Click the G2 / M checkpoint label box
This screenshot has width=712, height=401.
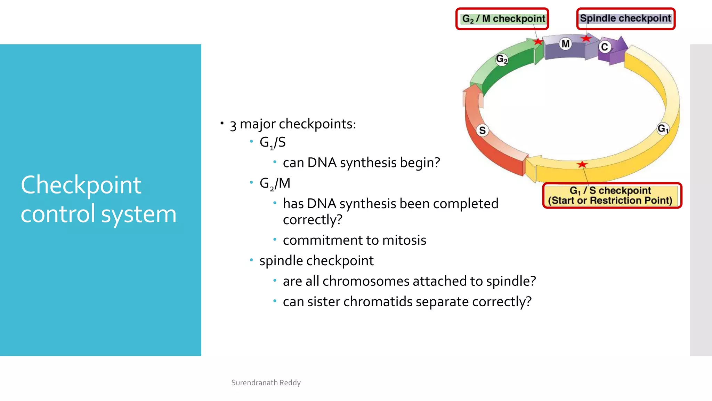(x=502, y=19)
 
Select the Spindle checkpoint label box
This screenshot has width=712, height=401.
(x=625, y=18)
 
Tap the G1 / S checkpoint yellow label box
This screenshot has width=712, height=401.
(x=612, y=196)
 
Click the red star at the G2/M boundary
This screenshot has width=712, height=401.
(x=538, y=42)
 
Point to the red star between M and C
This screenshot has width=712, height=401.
(x=586, y=38)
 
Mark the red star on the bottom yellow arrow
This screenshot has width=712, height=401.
(x=582, y=164)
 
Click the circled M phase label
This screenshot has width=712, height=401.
(x=566, y=44)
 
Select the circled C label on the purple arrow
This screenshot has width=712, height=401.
(x=605, y=47)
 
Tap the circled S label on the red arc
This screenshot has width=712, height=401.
(x=482, y=131)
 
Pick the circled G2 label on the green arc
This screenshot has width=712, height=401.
(x=502, y=59)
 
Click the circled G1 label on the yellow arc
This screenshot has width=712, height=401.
(x=663, y=128)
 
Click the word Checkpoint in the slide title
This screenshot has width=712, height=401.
(x=81, y=185)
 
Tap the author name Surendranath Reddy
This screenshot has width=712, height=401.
(x=266, y=383)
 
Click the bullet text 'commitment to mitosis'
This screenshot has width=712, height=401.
(x=354, y=240)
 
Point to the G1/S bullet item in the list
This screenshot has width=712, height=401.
(x=273, y=142)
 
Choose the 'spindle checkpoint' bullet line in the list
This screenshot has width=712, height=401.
(x=316, y=261)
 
